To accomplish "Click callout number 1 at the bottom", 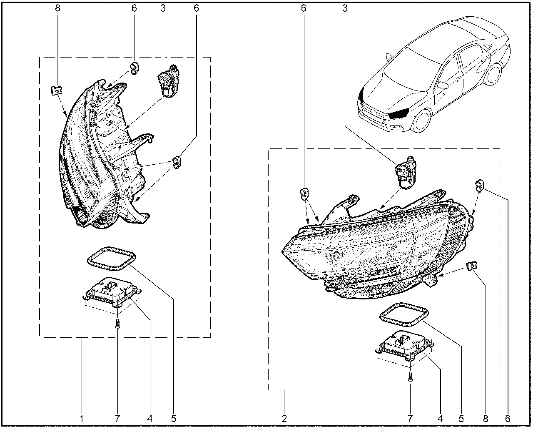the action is [x=82, y=419].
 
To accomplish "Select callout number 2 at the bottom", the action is [x=284, y=419].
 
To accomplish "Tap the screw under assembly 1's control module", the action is [x=118, y=324].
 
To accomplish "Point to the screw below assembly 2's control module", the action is [x=410, y=377].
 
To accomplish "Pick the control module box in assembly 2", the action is [x=404, y=345].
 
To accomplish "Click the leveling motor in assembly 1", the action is [x=168, y=80].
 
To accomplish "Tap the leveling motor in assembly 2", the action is [x=406, y=173].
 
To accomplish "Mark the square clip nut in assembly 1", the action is [x=57, y=90].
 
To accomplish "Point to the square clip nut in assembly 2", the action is [x=472, y=266].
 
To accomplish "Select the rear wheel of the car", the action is [x=493, y=74].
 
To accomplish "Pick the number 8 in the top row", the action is [x=57, y=8].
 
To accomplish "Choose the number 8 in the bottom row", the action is [x=486, y=419].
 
